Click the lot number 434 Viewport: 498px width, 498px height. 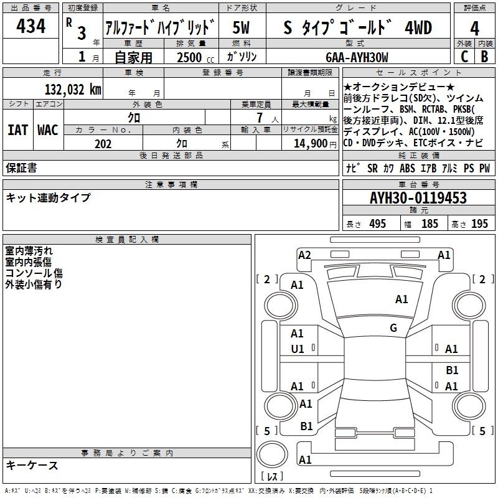click(x=31, y=26)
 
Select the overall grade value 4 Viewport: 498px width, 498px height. click(x=474, y=29)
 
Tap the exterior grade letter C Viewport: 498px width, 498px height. click(x=464, y=57)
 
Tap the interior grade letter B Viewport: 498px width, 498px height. click(x=484, y=57)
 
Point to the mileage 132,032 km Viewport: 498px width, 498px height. click(x=73, y=90)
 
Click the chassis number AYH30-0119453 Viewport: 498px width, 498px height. click(x=418, y=198)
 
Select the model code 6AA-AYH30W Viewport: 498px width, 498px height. click(x=357, y=57)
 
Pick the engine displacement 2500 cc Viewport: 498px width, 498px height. click(x=195, y=57)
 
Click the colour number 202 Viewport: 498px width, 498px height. click(x=103, y=144)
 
